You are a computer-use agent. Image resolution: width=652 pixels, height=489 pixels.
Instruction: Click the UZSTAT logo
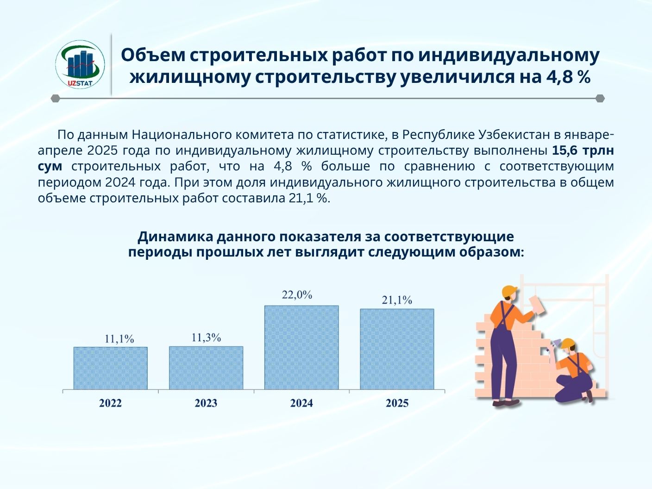80,64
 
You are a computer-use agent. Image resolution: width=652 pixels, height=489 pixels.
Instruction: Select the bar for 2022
110,368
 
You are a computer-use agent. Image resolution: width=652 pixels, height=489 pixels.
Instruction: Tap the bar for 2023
206,368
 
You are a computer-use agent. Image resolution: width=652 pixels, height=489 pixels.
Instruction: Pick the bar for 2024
301,347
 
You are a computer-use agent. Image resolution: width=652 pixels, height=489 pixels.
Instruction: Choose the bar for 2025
397,349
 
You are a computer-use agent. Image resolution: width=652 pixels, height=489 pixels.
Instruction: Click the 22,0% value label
297,295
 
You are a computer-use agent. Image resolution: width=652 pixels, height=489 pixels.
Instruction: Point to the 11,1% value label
119,339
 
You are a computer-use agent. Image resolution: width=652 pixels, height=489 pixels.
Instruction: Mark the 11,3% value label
206,338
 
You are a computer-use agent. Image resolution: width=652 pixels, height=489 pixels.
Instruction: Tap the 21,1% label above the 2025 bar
397,300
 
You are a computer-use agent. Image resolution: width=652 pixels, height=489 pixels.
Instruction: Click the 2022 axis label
110,403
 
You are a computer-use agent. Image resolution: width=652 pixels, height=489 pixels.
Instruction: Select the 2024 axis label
301,403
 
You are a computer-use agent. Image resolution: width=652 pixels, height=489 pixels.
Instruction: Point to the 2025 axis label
397,403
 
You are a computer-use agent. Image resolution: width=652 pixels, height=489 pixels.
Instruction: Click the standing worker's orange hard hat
509,292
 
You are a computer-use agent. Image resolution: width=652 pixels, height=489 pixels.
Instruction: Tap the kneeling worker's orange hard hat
568,344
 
